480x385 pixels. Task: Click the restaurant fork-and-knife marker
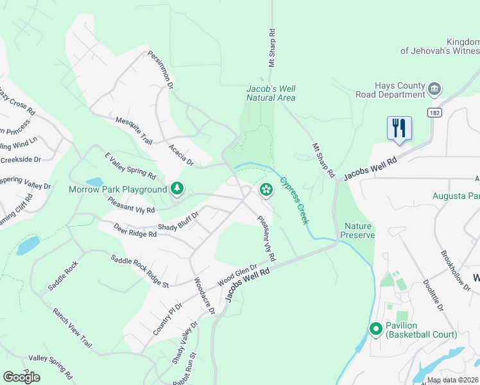[399, 128]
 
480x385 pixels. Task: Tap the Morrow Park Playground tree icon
[177, 189]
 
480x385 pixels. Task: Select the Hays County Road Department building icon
[434, 89]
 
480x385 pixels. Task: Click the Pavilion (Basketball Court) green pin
[376, 329]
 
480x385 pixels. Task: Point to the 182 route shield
[435, 112]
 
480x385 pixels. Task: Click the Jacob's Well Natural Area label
[271, 93]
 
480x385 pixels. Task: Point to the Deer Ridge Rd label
[135, 230]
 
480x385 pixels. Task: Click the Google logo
[21, 377]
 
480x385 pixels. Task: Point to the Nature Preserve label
[359, 231]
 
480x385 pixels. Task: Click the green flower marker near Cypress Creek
[266, 189]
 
